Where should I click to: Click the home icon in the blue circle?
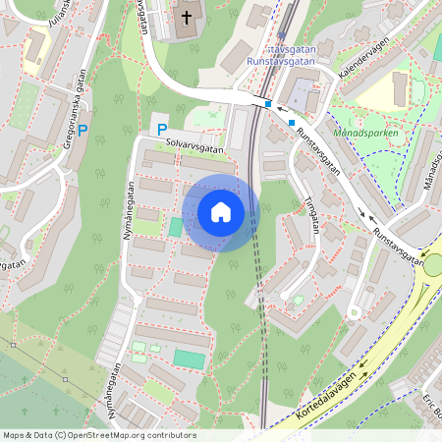(221, 211)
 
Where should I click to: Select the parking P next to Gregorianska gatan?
(83, 129)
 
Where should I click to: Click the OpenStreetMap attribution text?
(98, 435)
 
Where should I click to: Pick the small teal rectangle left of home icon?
(176, 227)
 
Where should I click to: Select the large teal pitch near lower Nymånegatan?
(190, 359)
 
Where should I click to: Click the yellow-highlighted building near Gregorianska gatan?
(36, 49)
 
